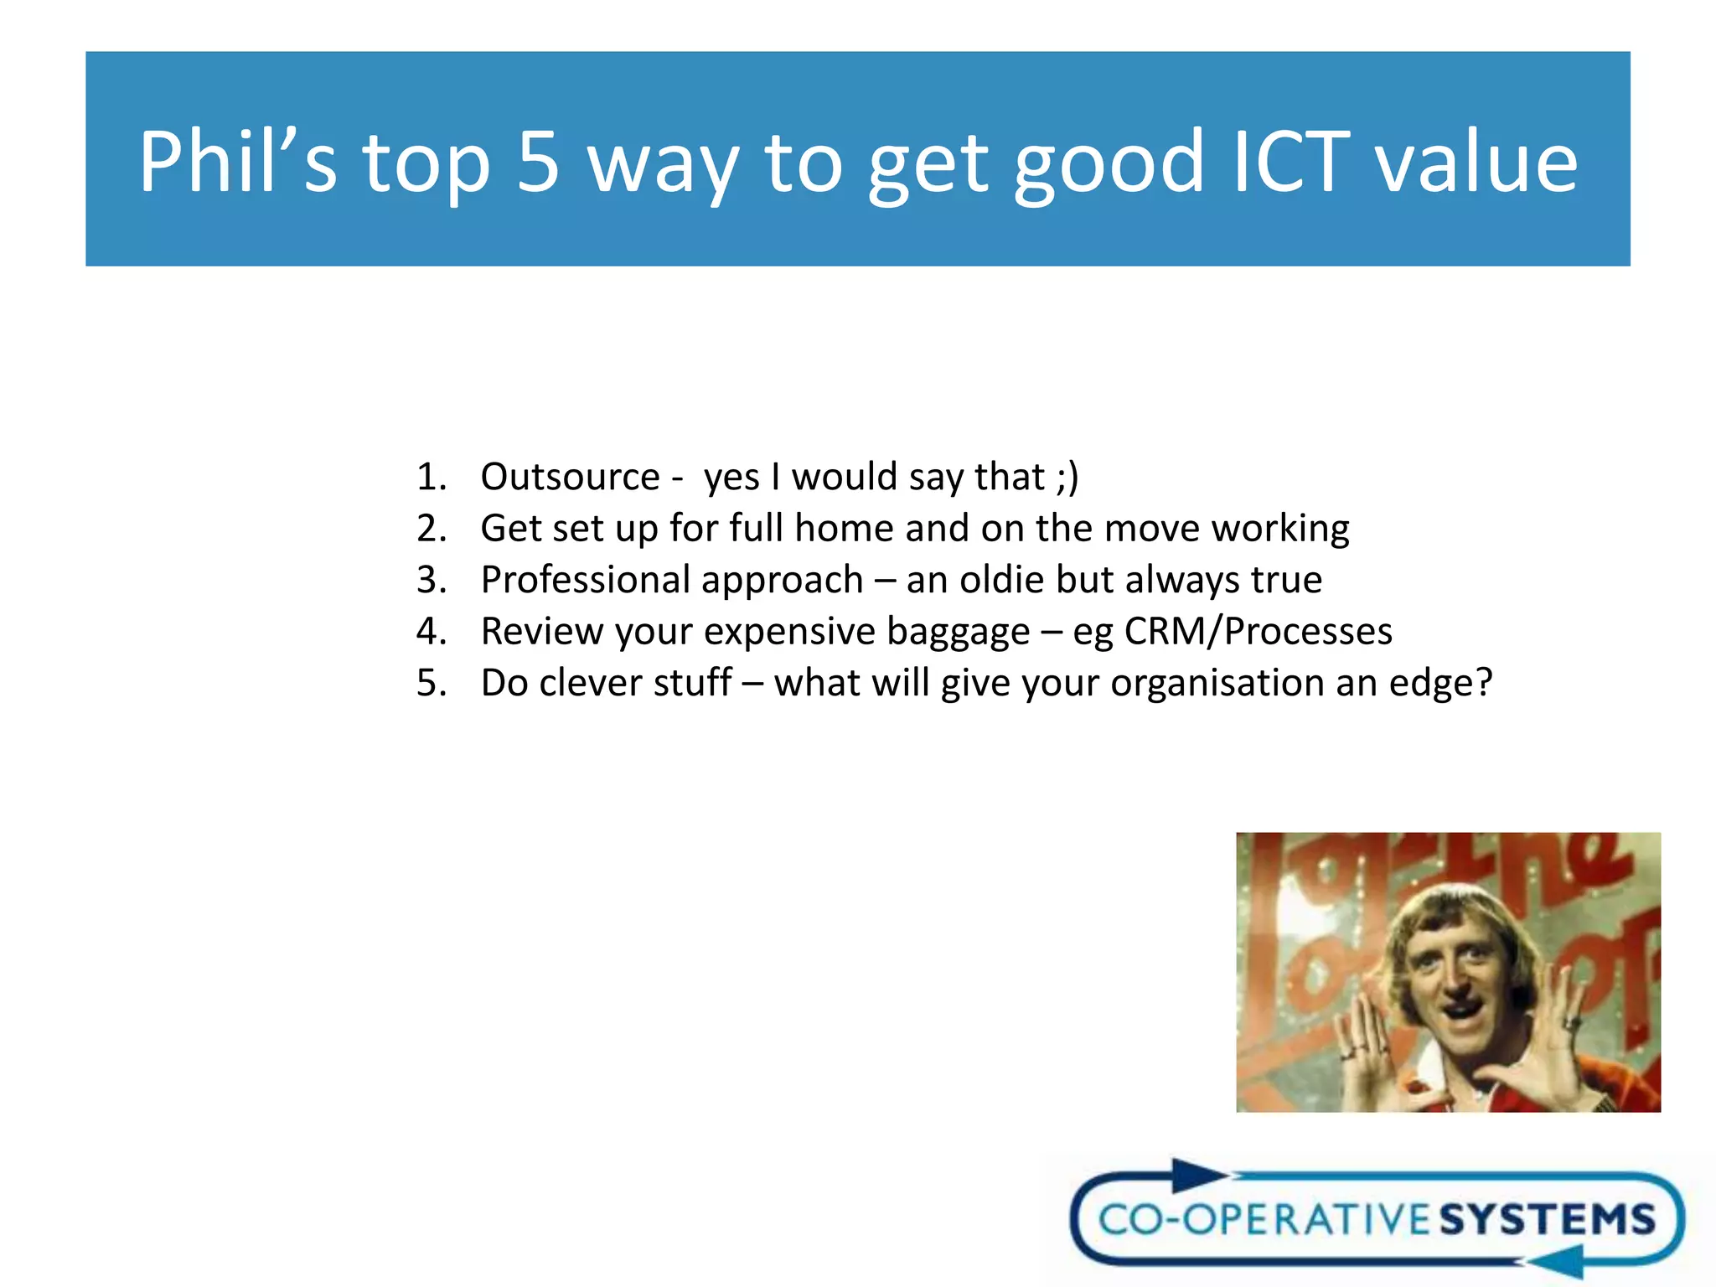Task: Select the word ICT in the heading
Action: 1291,162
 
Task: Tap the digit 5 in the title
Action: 537,162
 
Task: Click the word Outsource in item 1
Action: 570,477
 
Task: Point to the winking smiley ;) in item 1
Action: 1067,477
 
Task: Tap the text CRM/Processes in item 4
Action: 1258,632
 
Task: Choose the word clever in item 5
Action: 592,683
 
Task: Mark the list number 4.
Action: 431,632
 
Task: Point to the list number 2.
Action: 431,529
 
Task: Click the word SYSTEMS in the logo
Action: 1548,1220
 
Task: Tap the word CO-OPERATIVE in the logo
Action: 1264,1220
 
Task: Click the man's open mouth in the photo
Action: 1460,1011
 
